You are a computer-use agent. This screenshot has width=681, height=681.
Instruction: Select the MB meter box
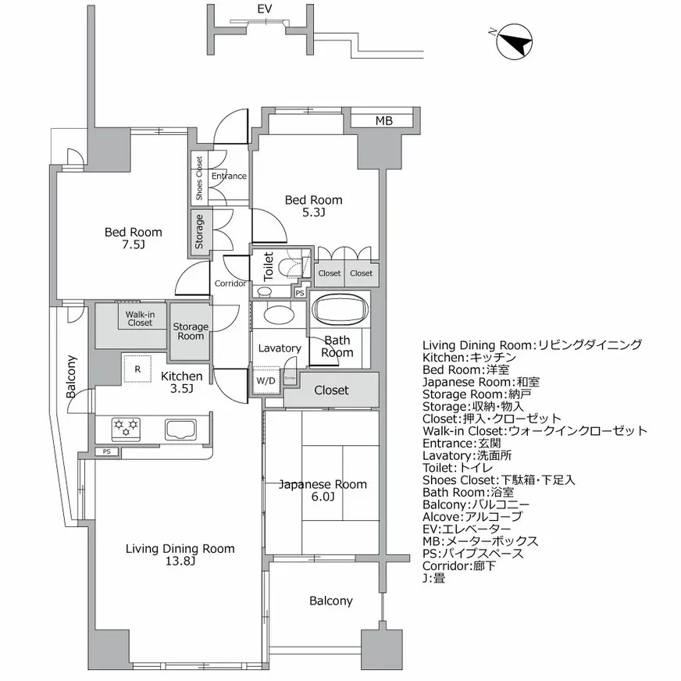coord(383,120)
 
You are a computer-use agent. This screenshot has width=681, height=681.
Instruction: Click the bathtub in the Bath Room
coord(340,309)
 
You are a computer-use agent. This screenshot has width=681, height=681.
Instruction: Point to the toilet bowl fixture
coord(292,266)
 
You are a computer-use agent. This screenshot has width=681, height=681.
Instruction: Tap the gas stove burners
coord(127,426)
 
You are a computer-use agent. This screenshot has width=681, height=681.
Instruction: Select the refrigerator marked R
coord(137,369)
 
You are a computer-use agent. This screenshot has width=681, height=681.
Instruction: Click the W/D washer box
coord(266,381)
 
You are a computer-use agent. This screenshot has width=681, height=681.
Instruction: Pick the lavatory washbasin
coord(277,315)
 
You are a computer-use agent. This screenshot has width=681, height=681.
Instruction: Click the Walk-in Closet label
coord(140,318)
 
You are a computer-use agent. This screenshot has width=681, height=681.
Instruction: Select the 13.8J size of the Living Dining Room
coord(180,562)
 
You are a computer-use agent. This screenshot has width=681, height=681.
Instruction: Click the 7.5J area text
coord(134,245)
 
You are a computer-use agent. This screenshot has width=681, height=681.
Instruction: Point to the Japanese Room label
coord(323,484)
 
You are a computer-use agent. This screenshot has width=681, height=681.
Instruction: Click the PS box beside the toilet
coord(300,293)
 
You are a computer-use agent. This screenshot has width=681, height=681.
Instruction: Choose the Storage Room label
coord(191,331)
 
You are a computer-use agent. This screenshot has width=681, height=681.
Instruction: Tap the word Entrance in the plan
coord(229,176)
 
